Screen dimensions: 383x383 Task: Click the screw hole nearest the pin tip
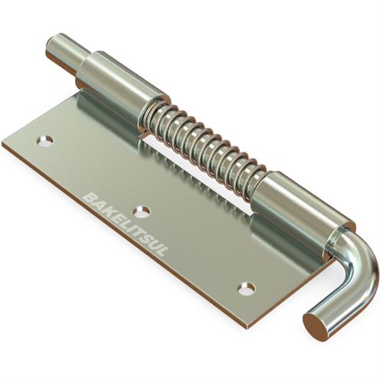coord(47,141)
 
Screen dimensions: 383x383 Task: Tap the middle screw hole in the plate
coord(142,212)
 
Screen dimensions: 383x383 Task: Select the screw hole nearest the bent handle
coord(247,288)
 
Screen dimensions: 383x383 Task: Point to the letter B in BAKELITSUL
coord(89,198)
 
